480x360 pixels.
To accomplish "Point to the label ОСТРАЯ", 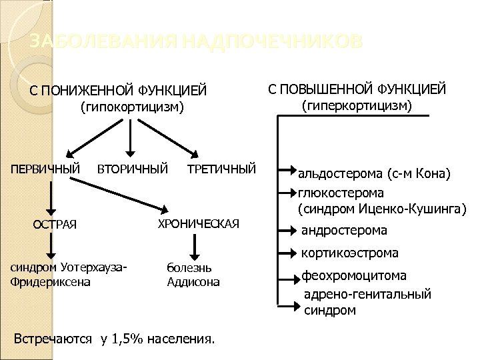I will (55, 223).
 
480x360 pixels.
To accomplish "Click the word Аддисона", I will (193, 281).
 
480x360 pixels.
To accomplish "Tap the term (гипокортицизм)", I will (131, 107).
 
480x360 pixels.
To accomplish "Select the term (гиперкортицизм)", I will (358, 106).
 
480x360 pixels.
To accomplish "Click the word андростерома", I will (344, 231).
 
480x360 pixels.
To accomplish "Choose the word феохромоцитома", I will (354, 275).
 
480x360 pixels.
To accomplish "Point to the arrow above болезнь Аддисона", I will (193, 248).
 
